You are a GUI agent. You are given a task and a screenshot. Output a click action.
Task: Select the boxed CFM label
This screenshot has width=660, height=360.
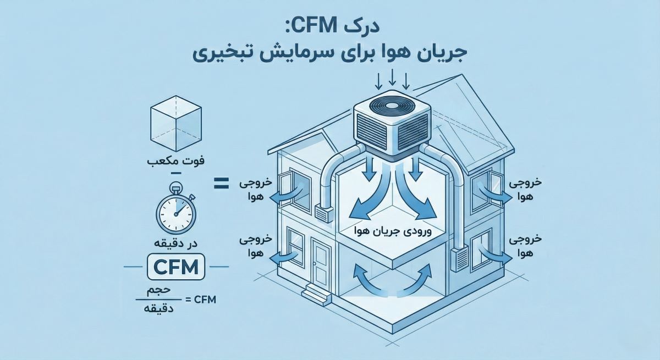pyautogui.click(x=176, y=268)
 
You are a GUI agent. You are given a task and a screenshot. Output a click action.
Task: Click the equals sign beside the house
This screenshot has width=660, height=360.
pyautogui.click(x=221, y=184)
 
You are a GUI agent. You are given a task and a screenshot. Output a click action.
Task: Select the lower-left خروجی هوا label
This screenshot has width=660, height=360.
pyautogui.click(x=255, y=246)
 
